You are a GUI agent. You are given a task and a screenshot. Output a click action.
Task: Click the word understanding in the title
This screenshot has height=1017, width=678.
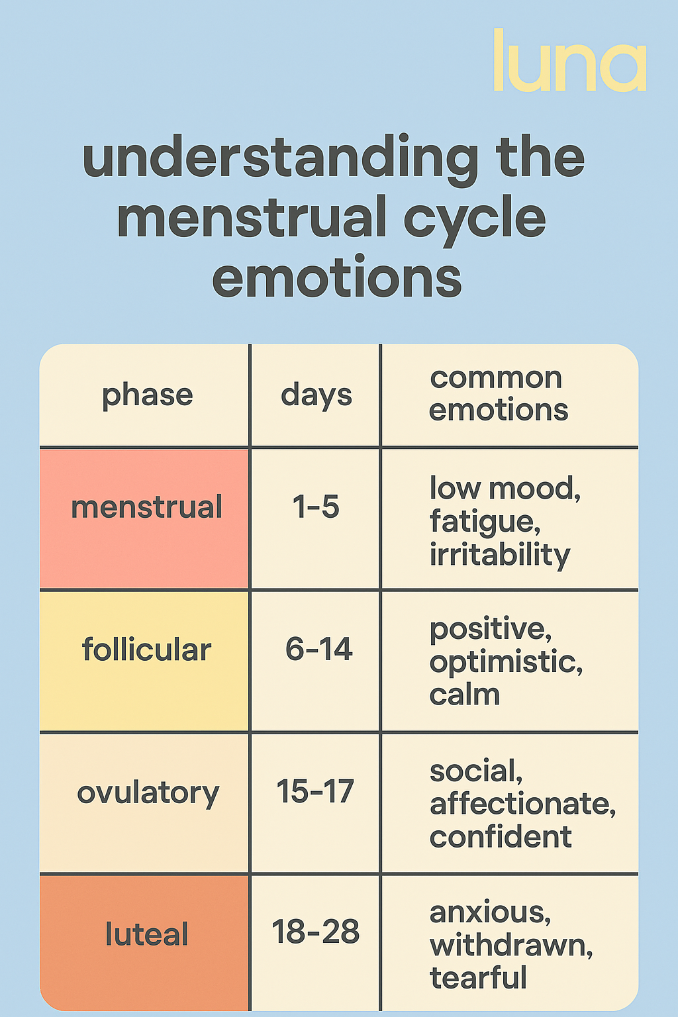click(280, 160)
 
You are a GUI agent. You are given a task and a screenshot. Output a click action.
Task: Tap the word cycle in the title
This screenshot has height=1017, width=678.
click(475, 220)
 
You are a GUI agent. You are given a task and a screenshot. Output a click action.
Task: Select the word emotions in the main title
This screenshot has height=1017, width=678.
click(337, 277)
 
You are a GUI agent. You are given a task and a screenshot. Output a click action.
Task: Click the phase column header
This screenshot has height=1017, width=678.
click(148, 396)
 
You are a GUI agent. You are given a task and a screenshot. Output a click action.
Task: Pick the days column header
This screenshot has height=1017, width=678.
click(316, 396)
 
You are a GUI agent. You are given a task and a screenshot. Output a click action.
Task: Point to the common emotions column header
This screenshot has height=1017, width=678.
click(498, 394)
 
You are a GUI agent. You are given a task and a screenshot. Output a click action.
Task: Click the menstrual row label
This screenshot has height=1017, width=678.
click(147, 507)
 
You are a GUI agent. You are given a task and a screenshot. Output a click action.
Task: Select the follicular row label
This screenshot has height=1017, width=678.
click(147, 649)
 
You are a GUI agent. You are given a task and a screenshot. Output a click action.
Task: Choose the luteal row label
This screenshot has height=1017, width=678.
click(147, 934)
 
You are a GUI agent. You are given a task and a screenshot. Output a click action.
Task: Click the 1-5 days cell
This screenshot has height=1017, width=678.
click(316, 507)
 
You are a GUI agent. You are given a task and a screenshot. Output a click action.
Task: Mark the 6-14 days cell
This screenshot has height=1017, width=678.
click(318, 649)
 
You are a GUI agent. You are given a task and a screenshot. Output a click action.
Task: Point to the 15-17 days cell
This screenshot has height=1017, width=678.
click(315, 791)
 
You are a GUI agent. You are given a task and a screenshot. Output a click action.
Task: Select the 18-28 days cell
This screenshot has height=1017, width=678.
click(316, 932)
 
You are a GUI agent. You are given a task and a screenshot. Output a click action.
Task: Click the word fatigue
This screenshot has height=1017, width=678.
click(485, 522)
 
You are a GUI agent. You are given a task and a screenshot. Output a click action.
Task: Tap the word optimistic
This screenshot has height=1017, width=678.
click(506, 663)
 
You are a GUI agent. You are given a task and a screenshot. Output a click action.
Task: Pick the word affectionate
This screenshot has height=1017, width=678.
click(522, 804)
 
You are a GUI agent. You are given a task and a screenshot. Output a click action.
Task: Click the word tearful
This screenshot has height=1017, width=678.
click(478, 977)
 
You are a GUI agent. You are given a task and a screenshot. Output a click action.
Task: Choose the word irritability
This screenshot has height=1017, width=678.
click(499, 555)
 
